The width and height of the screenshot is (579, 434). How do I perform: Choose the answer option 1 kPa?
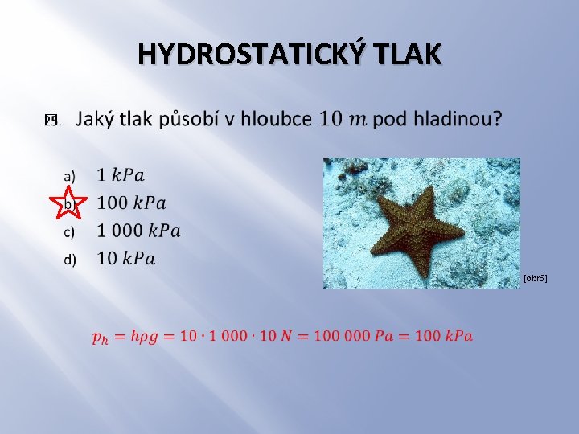[x=121, y=174]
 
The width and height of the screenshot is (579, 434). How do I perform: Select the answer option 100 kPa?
[x=131, y=203]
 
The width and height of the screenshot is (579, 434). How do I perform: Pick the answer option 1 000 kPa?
[x=138, y=231]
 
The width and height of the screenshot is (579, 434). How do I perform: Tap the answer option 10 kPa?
[x=126, y=258]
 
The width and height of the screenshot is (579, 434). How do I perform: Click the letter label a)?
[x=70, y=175]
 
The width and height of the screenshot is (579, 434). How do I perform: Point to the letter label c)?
[x=70, y=231]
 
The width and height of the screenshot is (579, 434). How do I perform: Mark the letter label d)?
[x=70, y=259]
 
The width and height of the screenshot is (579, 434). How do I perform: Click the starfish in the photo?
[x=417, y=225]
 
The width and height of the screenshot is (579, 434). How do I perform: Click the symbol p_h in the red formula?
[x=101, y=337]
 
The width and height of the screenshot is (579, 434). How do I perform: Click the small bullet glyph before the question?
[x=51, y=121]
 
